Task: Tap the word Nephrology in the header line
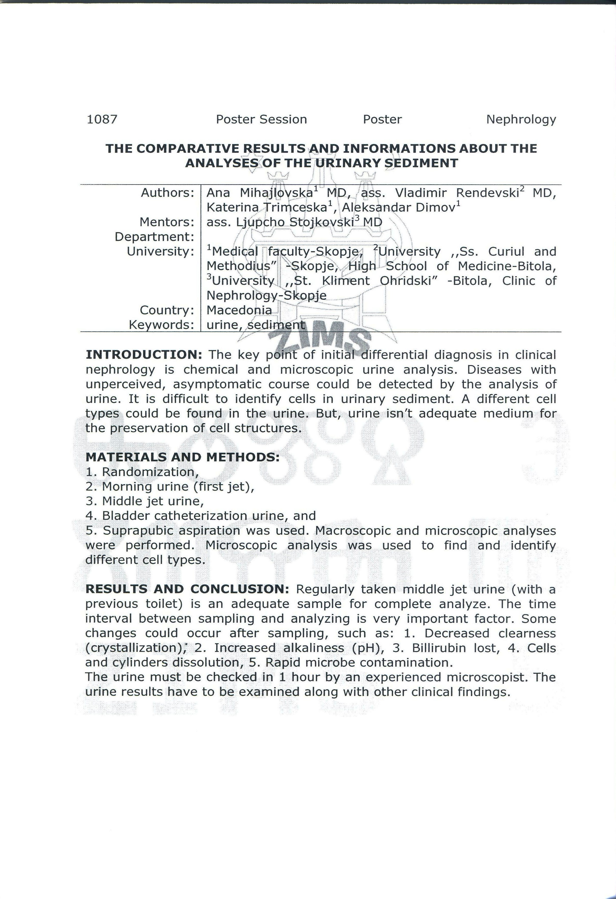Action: (521, 120)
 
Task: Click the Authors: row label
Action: (167, 193)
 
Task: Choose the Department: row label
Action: (154, 237)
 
